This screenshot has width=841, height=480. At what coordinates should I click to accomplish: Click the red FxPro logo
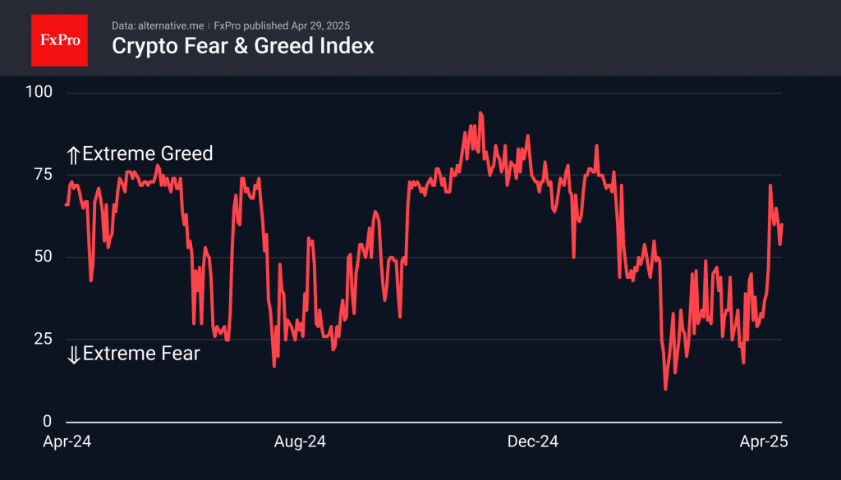click(x=59, y=39)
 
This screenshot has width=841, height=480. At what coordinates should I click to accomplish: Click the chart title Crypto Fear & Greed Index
click(x=242, y=46)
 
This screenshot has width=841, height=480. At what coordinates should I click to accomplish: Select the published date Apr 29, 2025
click(x=320, y=25)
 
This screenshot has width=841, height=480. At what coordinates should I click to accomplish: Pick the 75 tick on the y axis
click(x=42, y=175)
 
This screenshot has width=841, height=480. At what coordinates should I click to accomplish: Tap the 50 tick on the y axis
click(x=42, y=257)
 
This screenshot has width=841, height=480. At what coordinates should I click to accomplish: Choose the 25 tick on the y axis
click(x=42, y=339)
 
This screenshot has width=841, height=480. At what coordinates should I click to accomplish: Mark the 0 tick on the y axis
click(x=48, y=422)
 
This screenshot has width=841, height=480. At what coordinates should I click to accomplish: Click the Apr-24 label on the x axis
click(x=67, y=441)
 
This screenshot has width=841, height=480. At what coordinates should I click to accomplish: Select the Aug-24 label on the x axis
click(x=299, y=441)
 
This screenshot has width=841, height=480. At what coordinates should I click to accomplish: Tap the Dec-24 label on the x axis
click(x=532, y=441)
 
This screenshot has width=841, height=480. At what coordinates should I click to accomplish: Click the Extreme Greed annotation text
click(x=148, y=153)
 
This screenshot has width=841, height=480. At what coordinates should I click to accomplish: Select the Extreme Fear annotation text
click(x=141, y=354)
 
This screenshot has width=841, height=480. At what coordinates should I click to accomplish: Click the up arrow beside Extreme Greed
click(x=73, y=154)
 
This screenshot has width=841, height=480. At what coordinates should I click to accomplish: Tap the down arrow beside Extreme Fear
click(x=73, y=354)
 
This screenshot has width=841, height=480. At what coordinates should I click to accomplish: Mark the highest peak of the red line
click(x=480, y=113)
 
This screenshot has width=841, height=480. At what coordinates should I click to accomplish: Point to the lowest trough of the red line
click(x=665, y=389)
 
